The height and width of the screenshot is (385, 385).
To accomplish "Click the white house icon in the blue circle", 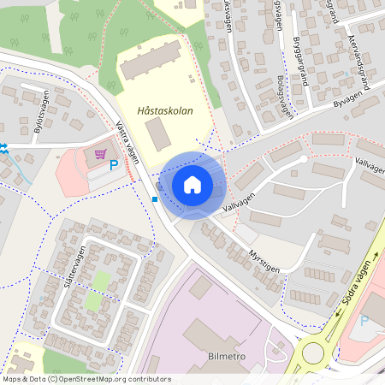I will [x=192, y=185].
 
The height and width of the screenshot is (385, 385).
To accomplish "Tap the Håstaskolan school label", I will [x=165, y=110].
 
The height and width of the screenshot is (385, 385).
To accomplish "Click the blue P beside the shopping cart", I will [x=113, y=163].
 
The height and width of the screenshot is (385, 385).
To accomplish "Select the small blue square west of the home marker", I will [x=154, y=199].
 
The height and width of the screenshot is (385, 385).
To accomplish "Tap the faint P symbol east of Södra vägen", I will [x=364, y=321].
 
